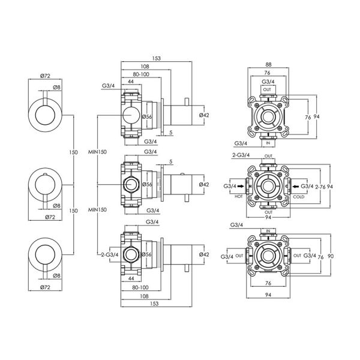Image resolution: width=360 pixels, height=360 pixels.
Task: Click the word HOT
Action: coord(238,197)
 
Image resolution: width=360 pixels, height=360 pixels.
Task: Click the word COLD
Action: coord(298,197)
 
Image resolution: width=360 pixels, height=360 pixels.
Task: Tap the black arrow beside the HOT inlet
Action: coord(241,186)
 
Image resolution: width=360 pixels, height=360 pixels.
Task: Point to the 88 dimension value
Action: coord(268,65)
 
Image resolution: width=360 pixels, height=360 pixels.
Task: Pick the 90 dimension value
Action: coord(330,256)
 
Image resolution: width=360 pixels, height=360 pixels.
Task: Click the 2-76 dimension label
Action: coord(320,187)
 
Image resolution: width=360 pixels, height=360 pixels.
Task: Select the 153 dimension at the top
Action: coord(156,58)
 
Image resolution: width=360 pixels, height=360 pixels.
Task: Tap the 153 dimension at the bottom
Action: coord(154,304)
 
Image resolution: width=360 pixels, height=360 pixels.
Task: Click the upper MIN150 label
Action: coord(97,152)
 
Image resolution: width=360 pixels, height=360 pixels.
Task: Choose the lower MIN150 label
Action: coord(97,209)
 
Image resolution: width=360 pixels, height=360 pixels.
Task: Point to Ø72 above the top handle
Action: coord(45,76)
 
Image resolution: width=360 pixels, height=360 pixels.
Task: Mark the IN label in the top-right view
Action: coord(268,143)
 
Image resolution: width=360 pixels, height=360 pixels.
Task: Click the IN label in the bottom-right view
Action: coord(268,231)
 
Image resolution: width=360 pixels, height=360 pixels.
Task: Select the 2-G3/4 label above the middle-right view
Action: coord(241,155)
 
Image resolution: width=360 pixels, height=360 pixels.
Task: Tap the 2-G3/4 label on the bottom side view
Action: coord(110,254)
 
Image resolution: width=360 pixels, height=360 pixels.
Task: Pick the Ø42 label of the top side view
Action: coord(204,115)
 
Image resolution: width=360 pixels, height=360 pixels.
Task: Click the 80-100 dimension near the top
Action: coord(141,74)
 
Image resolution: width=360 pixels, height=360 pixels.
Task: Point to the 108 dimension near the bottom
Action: coord(144,296)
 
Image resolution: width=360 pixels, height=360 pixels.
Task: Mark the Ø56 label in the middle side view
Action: coord(147,184)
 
